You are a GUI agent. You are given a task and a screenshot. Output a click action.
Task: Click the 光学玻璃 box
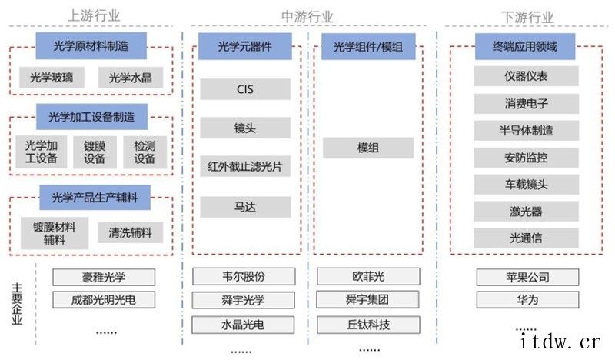pos(52,77)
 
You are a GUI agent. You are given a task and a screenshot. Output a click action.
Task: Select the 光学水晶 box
pos(130,77)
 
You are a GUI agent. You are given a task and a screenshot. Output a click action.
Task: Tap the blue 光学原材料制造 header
pos(91,45)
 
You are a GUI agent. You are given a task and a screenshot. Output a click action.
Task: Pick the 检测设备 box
pos(145,152)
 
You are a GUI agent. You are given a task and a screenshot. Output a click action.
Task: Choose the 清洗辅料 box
pos(130,232)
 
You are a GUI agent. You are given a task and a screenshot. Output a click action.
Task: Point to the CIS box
pos(244,89)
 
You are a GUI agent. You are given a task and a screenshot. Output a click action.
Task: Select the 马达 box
pos(244,207)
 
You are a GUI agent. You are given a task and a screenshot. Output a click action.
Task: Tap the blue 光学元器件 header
pos(244,46)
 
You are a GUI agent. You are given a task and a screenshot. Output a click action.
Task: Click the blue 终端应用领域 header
pos(525,46)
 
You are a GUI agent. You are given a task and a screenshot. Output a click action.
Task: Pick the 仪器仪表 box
pos(526,75)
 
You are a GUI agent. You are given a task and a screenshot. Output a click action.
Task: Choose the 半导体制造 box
pos(526,130)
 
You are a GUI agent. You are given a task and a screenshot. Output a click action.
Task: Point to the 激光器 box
pos(526,211)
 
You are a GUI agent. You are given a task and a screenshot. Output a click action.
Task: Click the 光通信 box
pos(526,238)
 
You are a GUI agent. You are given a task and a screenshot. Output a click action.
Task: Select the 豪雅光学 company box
pos(103,277)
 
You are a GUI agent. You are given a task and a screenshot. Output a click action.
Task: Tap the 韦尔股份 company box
pos(243,276)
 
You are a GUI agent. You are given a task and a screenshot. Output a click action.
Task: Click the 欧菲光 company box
pos(368,276)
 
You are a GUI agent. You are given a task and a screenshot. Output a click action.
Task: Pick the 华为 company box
pos(526,299)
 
